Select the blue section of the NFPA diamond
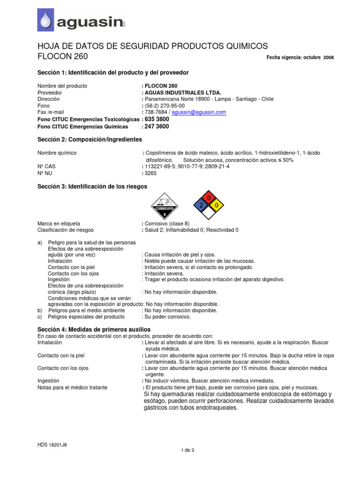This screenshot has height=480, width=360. [201, 206]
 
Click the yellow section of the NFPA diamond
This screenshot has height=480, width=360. [217, 206]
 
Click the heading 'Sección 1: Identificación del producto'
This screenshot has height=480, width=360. [113, 73]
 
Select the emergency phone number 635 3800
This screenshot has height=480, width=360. [158, 120]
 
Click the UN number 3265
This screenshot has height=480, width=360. [151, 173]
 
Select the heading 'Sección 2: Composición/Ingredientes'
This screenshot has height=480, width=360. [90, 140]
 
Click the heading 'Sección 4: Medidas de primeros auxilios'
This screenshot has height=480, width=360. [94, 330]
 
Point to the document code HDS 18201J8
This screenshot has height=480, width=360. [52, 444]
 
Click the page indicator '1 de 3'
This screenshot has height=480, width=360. [187, 450]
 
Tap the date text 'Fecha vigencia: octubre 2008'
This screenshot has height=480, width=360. [300, 58]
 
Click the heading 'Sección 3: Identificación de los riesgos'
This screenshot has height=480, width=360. [92, 187]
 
